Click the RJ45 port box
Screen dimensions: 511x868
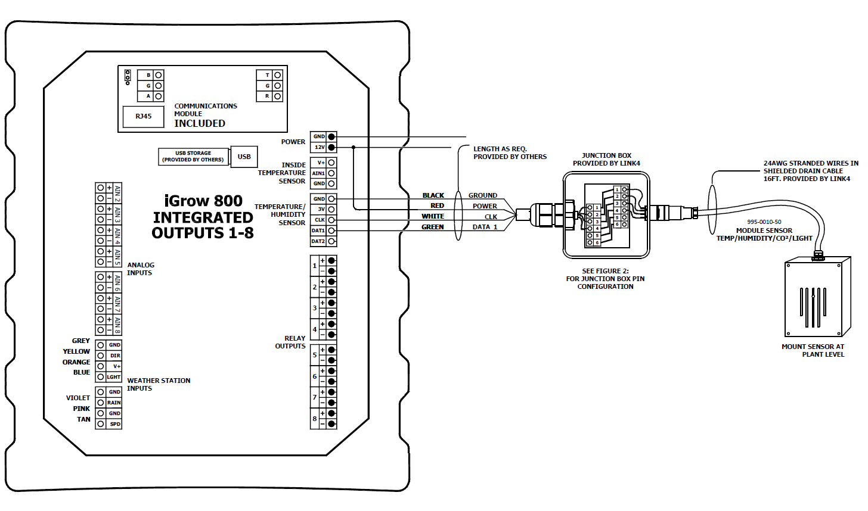point(143,117)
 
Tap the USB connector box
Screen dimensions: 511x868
point(244,157)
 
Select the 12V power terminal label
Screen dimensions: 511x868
point(320,147)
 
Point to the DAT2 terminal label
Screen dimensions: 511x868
point(318,241)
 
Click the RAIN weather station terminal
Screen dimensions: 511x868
point(114,403)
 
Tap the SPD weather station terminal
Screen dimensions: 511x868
point(114,424)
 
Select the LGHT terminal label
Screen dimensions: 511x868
point(114,377)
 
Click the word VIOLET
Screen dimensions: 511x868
point(78,398)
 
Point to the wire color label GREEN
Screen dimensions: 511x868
point(433,227)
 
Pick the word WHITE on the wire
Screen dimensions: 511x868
point(433,216)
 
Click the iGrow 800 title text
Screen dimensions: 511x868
point(203,201)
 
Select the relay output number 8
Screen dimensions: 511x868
point(315,419)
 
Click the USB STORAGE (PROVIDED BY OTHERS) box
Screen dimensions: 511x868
point(193,157)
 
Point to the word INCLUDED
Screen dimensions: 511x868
point(200,123)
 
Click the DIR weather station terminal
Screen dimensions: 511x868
point(114,356)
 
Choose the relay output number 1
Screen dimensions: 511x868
point(315,266)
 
